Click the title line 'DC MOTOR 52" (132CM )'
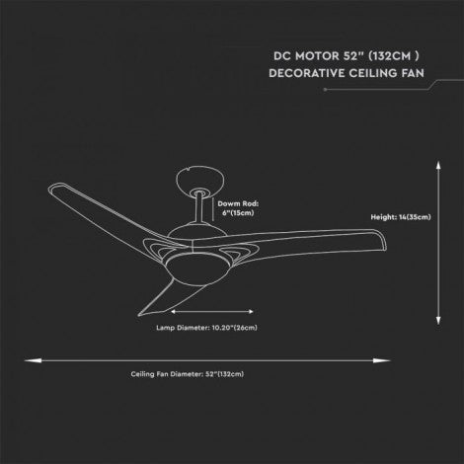(x=347, y=56)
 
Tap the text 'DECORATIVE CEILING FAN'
(x=347, y=73)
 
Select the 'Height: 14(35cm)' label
(x=401, y=217)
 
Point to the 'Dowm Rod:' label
(x=238, y=203)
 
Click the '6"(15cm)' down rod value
(x=238, y=213)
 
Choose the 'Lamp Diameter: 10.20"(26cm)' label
(x=206, y=328)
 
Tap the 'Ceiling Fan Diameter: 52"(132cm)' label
(x=188, y=374)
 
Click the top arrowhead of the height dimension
(x=438, y=165)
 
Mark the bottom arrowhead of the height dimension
(x=438, y=321)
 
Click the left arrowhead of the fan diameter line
(x=33, y=360)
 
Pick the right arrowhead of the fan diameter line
(x=382, y=360)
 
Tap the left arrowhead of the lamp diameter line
(x=174, y=311)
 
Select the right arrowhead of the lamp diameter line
(x=251, y=311)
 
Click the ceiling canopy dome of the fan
(x=200, y=180)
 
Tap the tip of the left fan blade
(x=50, y=189)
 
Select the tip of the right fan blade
(x=386, y=243)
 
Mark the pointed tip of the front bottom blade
(x=138, y=315)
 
